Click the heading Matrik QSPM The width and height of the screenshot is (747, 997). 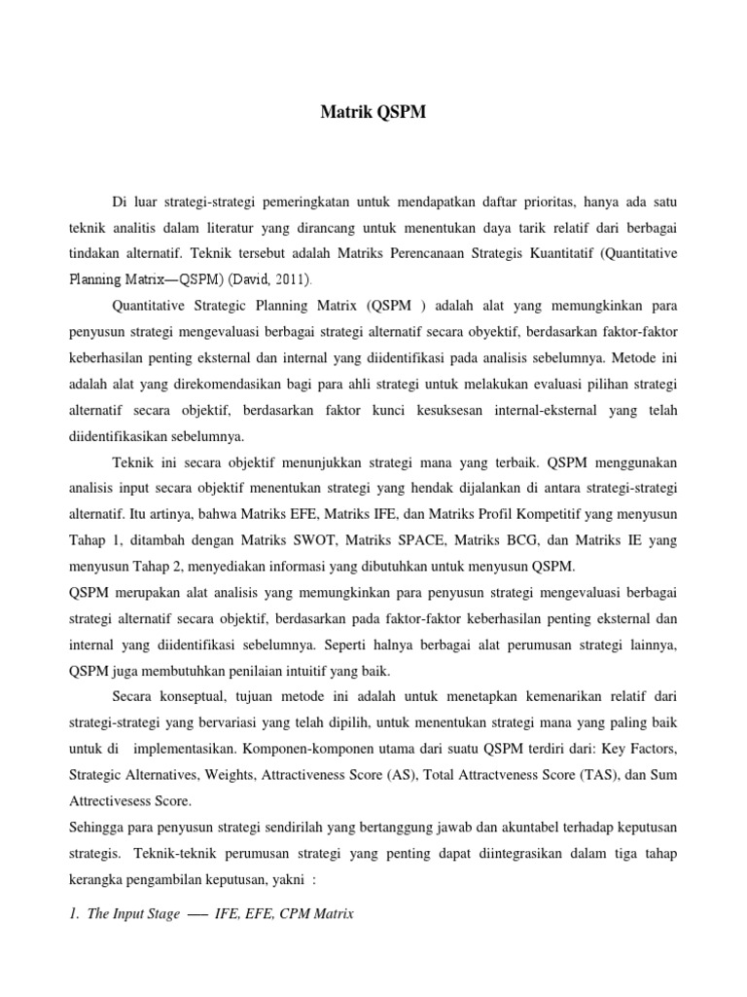pyautogui.click(x=373, y=113)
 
